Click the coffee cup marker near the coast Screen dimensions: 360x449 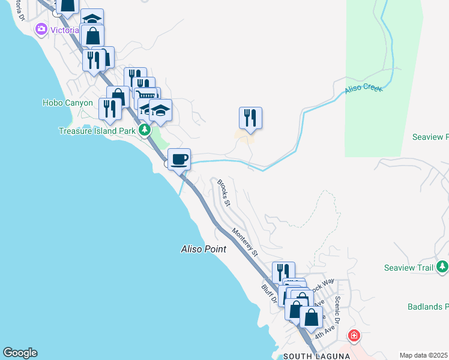tap(179, 160)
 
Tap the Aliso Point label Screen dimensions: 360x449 tap(203, 248)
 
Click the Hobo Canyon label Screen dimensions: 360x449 tap(68, 103)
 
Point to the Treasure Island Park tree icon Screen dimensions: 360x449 tap(144, 130)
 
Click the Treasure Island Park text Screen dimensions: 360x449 tap(97, 131)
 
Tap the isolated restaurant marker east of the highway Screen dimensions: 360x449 tap(250, 118)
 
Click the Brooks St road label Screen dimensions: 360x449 tap(224, 193)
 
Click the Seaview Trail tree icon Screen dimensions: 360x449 tap(442, 266)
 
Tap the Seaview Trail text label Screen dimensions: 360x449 tap(408, 268)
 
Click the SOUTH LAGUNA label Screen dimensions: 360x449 tap(308, 356)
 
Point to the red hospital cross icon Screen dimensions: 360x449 tap(354, 335)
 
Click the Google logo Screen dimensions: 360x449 tap(20, 353)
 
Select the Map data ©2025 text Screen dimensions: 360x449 tap(423, 355)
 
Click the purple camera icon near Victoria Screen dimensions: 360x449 tap(41, 29)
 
